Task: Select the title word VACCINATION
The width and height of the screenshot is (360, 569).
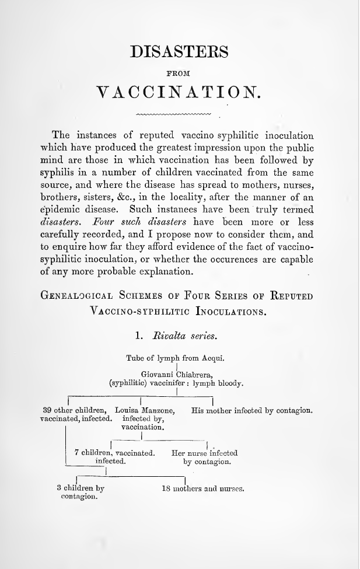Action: pyautogui.click(x=179, y=92)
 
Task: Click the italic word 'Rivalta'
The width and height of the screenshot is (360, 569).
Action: pyautogui.click(x=170, y=336)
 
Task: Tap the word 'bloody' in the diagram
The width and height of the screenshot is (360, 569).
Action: pyautogui.click(x=228, y=384)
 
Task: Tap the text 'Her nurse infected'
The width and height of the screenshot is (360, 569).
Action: pyautogui.click(x=204, y=453)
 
